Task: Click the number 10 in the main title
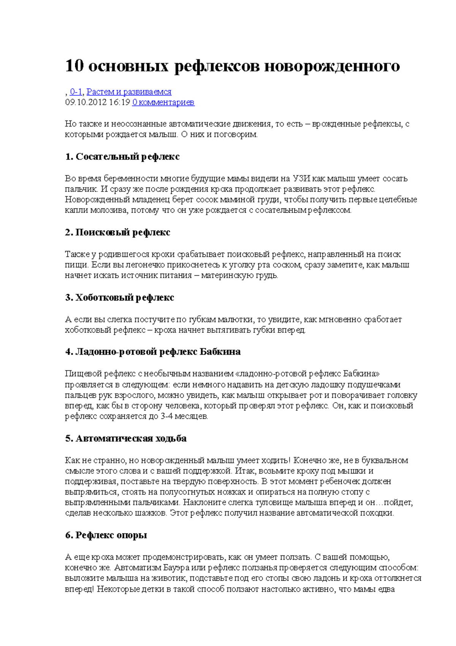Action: click(x=74, y=66)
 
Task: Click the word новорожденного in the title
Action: click(x=332, y=67)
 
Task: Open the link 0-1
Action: click(x=76, y=92)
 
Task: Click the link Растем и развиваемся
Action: click(x=129, y=92)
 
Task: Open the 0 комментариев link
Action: click(x=163, y=102)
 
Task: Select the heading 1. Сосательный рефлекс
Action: click(x=122, y=157)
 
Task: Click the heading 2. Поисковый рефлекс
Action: click(x=117, y=232)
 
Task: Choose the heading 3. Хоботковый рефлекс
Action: click(x=119, y=298)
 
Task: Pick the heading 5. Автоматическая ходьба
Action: click(x=126, y=439)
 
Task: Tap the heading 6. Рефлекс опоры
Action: click(x=106, y=535)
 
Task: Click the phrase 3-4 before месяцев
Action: click(x=166, y=416)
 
